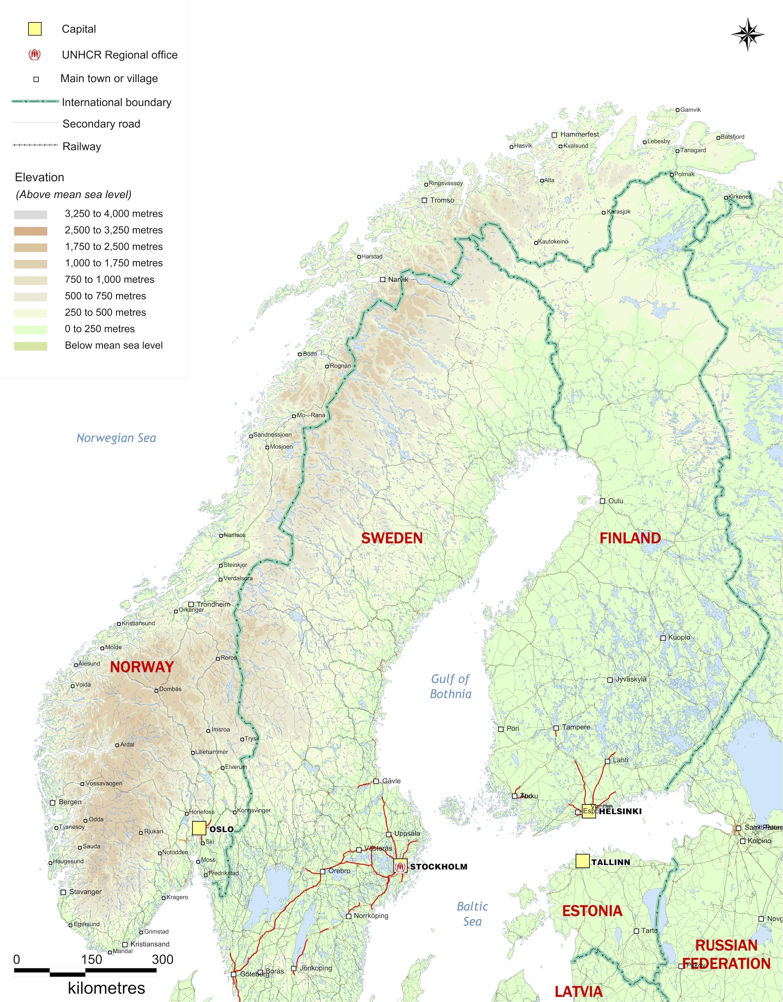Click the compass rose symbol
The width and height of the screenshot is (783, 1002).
coord(748,34)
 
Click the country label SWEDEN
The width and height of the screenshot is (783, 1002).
coord(391,538)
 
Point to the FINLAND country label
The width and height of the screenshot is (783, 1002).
coord(630,538)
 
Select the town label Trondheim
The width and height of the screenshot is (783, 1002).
coord(213,604)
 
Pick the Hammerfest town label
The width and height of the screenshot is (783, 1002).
coord(579,134)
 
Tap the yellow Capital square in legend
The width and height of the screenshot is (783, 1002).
coord(35,29)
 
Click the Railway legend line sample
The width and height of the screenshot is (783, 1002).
coord(35,145)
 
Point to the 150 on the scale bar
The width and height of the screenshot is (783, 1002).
coord(91,959)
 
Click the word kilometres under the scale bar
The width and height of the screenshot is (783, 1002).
coord(106,988)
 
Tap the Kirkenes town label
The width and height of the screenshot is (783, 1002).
coord(740,196)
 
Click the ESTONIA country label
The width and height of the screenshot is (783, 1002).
coord(592,911)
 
